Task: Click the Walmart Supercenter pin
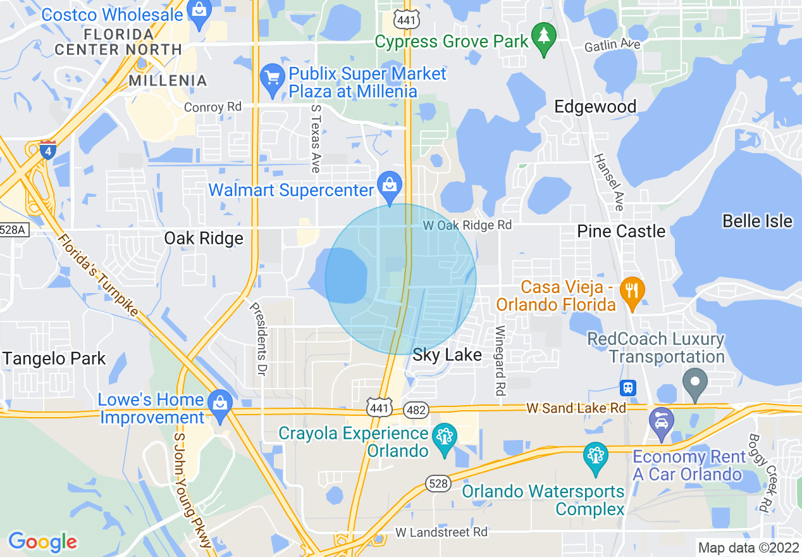point(390,186)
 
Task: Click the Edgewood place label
point(595,106)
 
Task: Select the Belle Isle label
point(757,221)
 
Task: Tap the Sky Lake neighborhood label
point(447,354)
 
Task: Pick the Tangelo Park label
point(54,358)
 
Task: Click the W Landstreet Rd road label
point(441,532)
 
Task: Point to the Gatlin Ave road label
point(612,45)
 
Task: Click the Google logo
point(42,542)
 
